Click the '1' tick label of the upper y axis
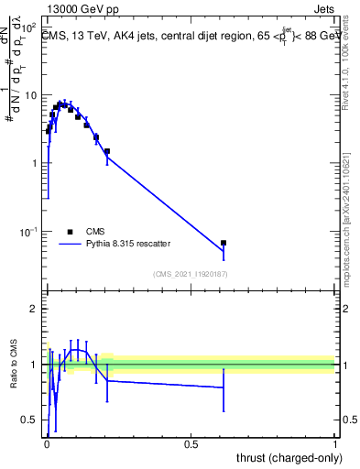click(34, 164)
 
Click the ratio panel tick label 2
click(34, 309)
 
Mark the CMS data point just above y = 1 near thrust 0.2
click(107, 151)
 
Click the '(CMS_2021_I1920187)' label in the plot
click(191, 274)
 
